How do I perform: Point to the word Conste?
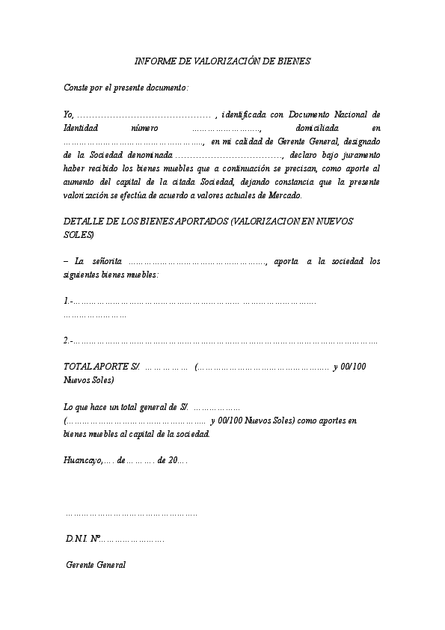tap(76, 88)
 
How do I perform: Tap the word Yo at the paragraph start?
tap(68, 115)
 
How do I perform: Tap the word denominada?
tap(150, 155)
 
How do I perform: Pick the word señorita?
tap(105, 263)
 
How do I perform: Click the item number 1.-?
tap(68, 302)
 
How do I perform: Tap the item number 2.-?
tap(68, 342)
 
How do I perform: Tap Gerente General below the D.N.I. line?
tap(96, 565)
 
